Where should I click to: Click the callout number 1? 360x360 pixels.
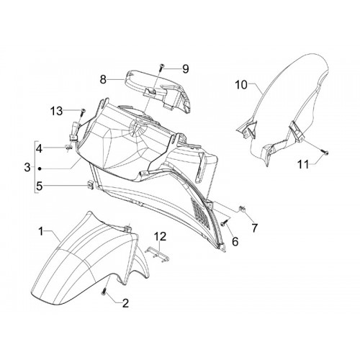(41, 232)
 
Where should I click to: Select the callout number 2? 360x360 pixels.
(125, 303)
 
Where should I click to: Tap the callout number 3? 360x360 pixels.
(27, 167)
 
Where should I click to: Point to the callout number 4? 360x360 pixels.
(39, 149)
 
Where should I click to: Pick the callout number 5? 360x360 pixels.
(39, 186)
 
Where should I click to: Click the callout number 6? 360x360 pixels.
(235, 241)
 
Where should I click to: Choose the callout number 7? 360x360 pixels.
(254, 228)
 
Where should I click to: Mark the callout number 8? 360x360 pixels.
(103, 79)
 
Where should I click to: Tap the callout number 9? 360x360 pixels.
(186, 69)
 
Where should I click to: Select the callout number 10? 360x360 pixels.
(241, 85)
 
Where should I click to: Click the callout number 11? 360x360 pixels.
(303, 165)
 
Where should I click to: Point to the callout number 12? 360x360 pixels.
(160, 236)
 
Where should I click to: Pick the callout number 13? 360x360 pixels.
(56, 111)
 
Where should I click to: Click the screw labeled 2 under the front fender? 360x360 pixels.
(104, 292)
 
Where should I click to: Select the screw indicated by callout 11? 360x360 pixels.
(325, 152)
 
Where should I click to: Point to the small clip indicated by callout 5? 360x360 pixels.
(91, 184)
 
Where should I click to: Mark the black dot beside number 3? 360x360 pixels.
(40, 168)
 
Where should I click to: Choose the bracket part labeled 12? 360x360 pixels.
(158, 254)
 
